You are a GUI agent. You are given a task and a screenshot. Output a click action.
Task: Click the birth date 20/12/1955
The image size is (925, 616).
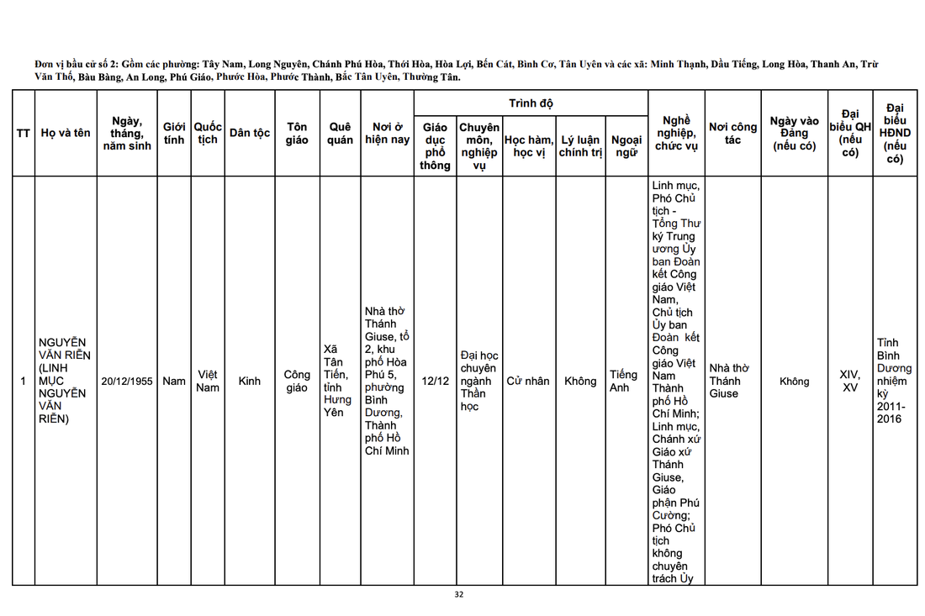(x=127, y=381)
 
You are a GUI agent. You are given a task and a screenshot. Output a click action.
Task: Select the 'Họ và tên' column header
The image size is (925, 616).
(x=66, y=133)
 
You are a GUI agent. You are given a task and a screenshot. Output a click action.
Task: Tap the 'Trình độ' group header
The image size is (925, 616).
(x=531, y=103)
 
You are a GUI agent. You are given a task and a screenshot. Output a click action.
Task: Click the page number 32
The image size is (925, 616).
(x=458, y=594)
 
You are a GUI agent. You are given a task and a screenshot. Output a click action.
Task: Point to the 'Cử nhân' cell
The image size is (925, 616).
(x=528, y=381)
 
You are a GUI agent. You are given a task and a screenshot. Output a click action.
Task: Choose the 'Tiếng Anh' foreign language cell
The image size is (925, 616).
(x=624, y=381)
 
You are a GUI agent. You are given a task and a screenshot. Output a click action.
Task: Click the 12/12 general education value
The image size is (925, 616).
(x=435, y=381)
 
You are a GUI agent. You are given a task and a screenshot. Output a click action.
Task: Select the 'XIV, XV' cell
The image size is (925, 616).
(x=849, y=381)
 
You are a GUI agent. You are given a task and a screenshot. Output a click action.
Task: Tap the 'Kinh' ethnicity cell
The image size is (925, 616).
(x=250, y=381)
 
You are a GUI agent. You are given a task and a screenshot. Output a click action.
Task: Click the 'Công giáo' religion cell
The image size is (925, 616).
(x=297, y=381)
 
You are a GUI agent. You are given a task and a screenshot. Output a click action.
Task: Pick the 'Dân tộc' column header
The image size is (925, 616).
(x=250, y=133)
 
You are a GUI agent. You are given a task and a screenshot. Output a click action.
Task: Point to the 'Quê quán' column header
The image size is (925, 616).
(x=340, y=133)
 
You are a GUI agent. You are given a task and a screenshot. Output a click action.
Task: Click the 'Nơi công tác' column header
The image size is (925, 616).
(x=732, y=133)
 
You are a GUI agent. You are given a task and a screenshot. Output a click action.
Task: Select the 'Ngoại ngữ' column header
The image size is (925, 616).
(x=626, y=145)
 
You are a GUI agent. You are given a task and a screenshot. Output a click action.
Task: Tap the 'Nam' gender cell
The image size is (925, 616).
(x=174, y=381)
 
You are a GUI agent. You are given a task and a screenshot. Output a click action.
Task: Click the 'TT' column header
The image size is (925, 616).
(x=24, y=133)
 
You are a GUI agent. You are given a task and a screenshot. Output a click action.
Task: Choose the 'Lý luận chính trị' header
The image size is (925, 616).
(x=580, y=145)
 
